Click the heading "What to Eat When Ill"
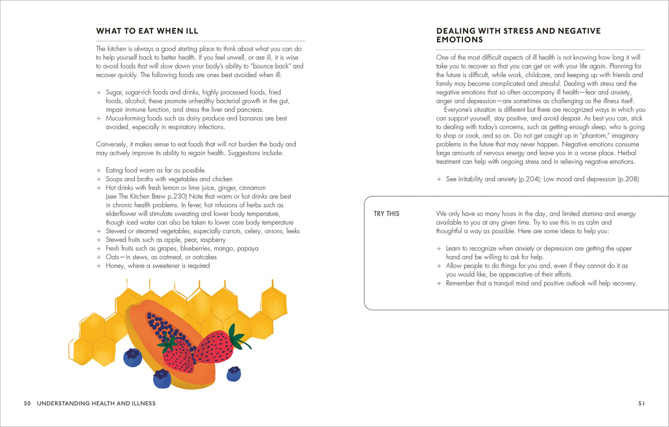tap(147, 31)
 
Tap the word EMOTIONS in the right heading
tap(459, 40)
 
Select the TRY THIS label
tap(386, 213)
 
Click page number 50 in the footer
tap(27, 403)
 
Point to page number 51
tap(641, 403)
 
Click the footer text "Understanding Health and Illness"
tap(96, 403)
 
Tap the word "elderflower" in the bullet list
tap(122, 213)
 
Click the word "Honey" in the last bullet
tap(115, 266)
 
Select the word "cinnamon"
tap(253, 188)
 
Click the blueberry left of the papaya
tap(132, 357)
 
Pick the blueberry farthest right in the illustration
tap(234, 373)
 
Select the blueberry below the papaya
tap(162, 378)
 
